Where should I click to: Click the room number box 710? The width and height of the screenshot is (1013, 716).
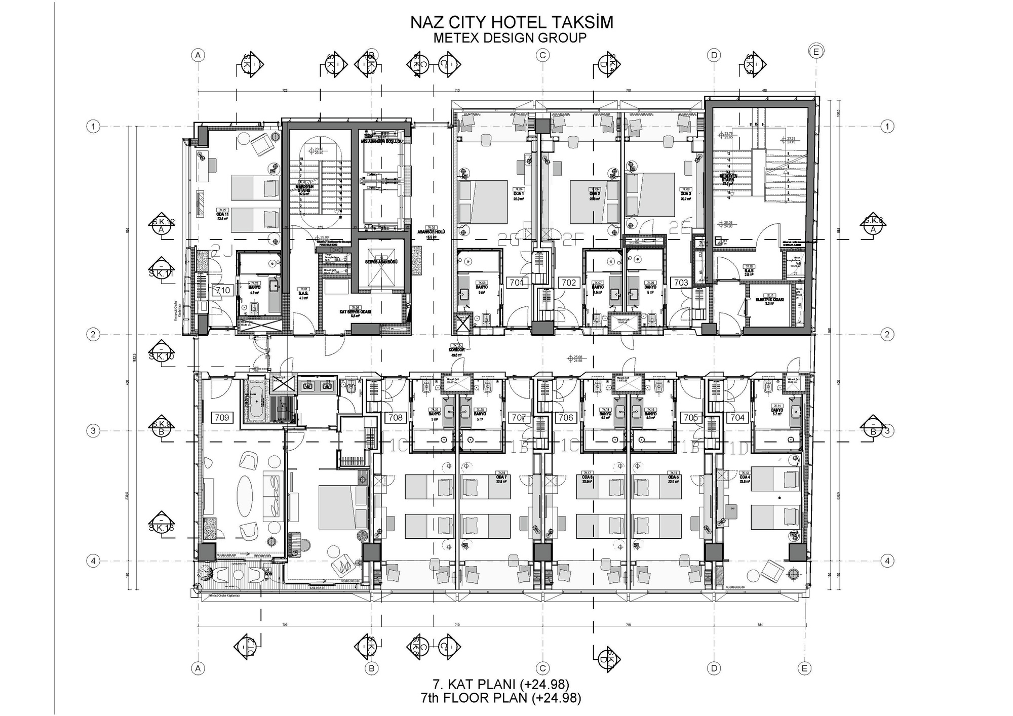click(x=223, y=291)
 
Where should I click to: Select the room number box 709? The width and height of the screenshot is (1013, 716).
click(x=222, y=418)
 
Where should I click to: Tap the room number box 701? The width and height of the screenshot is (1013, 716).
click(x=517, y=283)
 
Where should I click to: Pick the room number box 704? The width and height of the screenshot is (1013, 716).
click(x=737, y=418)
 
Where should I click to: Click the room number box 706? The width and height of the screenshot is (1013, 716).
click(x=565, y=418)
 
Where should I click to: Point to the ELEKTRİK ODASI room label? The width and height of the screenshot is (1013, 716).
click(x=769, y=300)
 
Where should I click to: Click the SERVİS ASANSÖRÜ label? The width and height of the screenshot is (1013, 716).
click(x=381, y=262)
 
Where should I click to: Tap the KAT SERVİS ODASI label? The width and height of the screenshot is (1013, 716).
click(x=355, y=312)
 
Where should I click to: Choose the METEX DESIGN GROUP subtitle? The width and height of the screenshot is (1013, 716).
click(x=510, y=38)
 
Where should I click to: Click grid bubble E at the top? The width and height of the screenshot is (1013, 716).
click(x=816, y=52)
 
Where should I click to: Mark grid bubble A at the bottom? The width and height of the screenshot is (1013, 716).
click(x=198, y=669)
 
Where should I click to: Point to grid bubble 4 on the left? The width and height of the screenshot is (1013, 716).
click(x=93, y=561)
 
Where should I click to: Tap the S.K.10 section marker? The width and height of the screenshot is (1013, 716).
click(x=162, y=352)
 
